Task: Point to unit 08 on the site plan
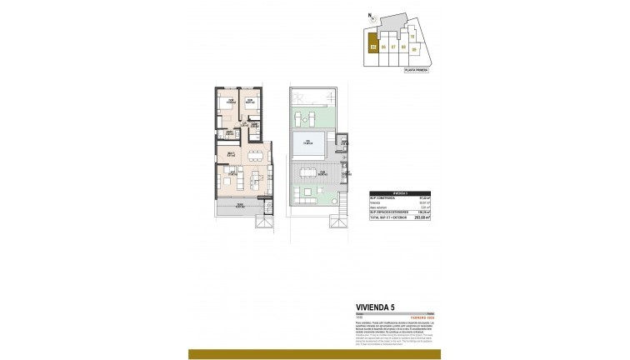(x=403, y=47)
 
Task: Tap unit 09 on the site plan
(x=414, y=49)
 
